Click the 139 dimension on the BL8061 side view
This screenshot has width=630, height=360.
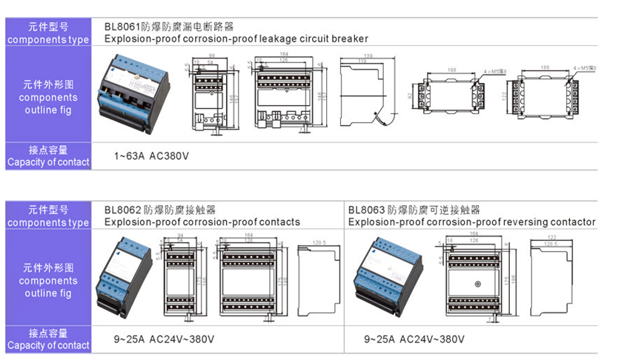click(368, 55)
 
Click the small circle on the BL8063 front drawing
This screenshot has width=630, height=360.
click(479, 284)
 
